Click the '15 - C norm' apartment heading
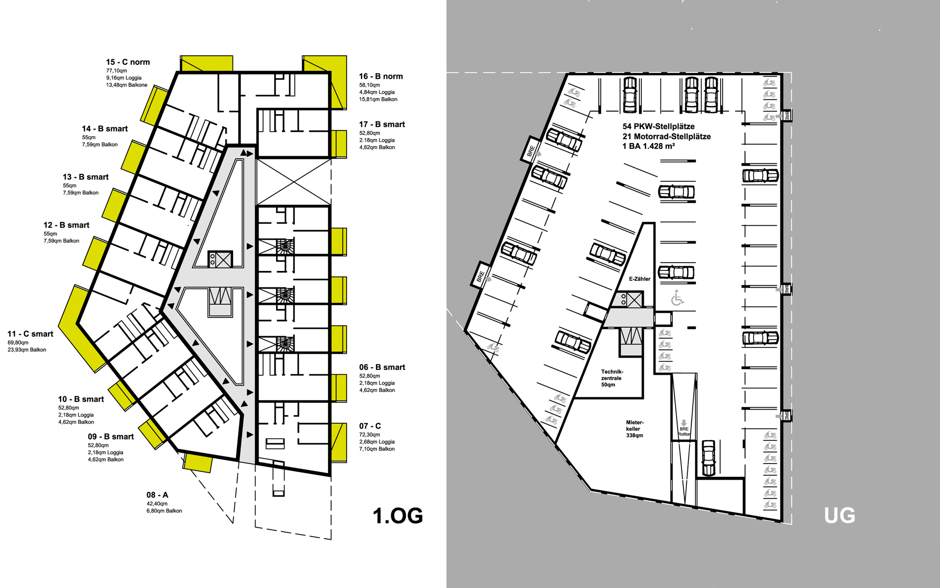click(x=128, y=62)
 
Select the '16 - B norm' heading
click(x=381, y=76)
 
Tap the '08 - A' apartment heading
click(x=157, y=495)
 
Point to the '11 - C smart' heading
click(x=30, y=334)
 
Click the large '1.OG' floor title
click(x=398, y=515)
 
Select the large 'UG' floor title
click(x=840, y=515)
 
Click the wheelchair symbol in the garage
click(x=678, y=298)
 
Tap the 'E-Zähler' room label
click(x=639, y=279)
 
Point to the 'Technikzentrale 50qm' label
click(x=612, y=378)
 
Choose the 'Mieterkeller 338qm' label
click(x=634, y=429)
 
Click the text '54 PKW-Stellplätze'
click(x=658, y=126)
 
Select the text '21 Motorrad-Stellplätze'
click(x=666, y=137)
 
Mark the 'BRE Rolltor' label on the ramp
click(x=684, y=431)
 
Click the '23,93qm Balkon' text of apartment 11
click(x=27, y=350)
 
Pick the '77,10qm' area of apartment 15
click(x=117, y=71)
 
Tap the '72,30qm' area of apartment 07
click(x=370, y=435)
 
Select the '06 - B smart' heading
click(x=382, y=367)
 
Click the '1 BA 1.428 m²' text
click(x=649, y=147)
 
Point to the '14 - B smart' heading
click(x=105, y=129)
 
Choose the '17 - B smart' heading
click(x=382, y=124)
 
